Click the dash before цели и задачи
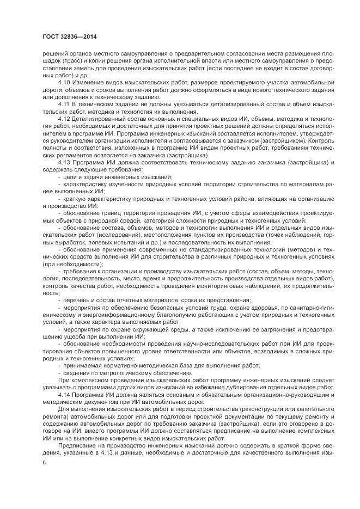point(59,177)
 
